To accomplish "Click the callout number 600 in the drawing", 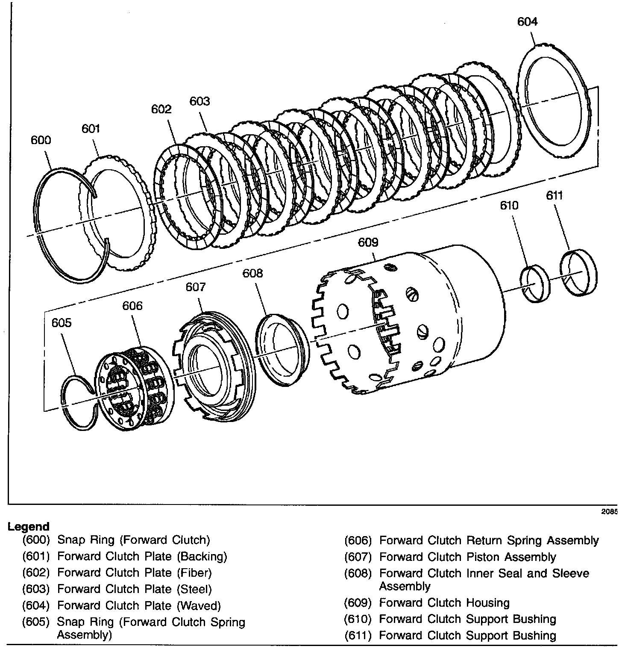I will [41, 140].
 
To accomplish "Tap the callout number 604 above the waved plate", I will [527, 22].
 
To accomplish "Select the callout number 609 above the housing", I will [368, 243].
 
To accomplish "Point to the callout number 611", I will [555, 196].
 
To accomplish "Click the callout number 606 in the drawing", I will [132, 306].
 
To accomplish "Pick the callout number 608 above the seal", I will [253, 273].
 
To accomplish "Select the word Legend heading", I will [29, 527].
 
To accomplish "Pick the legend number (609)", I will [358, 603].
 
